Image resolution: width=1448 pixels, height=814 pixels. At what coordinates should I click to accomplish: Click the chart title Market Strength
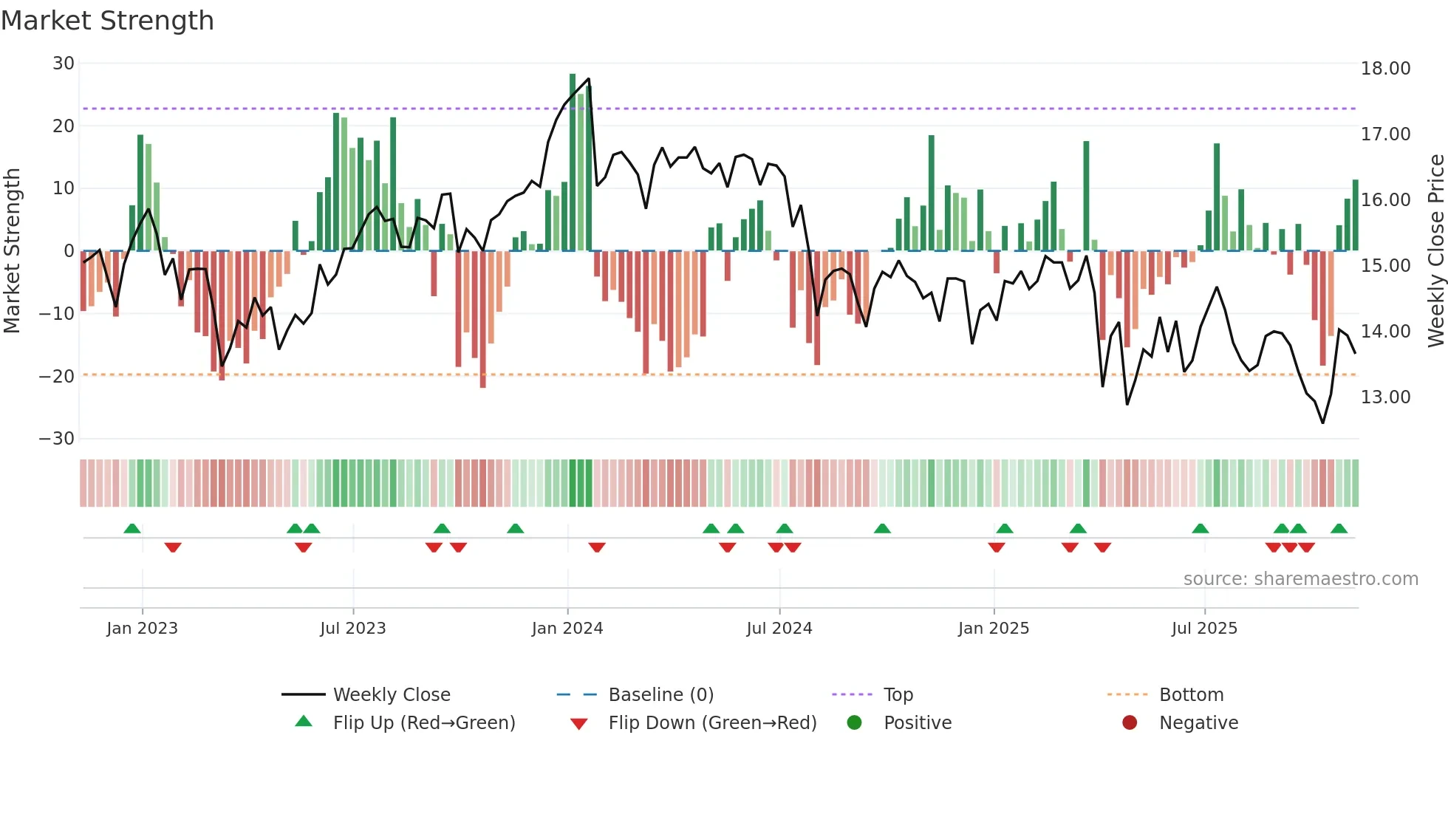[x=107, y=21]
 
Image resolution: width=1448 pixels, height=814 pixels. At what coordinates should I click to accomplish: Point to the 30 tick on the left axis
[x=64, y=64]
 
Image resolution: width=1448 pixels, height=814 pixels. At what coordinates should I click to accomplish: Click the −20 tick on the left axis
[x=58, y=376]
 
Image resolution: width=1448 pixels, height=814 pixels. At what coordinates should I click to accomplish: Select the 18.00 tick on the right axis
[x=1385, y=69]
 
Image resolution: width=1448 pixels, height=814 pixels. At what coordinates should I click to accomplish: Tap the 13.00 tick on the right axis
[x=1385, y=397]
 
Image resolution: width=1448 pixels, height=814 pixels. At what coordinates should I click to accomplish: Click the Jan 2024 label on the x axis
[x=567, y=629]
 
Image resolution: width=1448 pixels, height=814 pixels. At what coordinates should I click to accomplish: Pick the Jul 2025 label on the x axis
[x=1203, y=629]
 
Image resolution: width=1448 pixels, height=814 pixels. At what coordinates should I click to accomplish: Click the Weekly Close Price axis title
[x=1435, y=251]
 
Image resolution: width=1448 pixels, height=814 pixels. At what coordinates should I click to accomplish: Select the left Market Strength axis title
[x=12, y=251]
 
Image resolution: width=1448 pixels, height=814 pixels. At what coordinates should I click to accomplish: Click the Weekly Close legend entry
[x=391, y=695]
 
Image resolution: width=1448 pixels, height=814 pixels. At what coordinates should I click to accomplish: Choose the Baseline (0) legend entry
[x=660, y=695]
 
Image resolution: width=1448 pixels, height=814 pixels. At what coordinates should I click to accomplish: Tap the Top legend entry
[x=898, y=695]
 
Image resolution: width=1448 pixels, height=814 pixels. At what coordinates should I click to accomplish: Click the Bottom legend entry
[x=1191, y=695]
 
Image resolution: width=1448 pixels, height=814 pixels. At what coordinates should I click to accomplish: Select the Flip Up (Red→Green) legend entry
[x=423, y=723]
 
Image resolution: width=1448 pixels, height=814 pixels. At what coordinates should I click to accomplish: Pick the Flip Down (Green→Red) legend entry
[x=712, y=723]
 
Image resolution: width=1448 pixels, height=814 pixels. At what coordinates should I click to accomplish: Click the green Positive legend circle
[x=854, y=723]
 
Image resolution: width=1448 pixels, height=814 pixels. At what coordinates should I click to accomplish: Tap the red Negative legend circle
[x=1130, y=723]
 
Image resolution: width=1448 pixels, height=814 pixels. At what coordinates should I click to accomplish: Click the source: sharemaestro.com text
[x=1300, y=579]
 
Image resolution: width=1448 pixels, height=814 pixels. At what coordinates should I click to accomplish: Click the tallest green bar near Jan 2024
[x=573, y=163]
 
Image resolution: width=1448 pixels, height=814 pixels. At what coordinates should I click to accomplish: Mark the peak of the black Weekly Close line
[x=588, y=79]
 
